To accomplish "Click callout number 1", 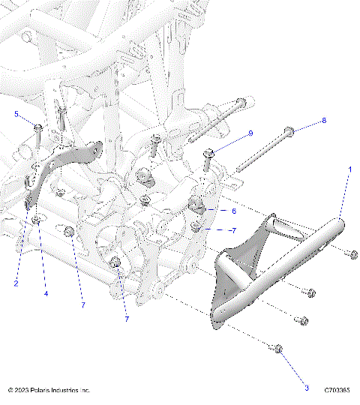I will tap(349, 171).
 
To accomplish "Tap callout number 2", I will tap(16, 283).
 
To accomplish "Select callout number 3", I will tap(306, 388).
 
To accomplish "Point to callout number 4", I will tap(46, 294).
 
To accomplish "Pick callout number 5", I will tap(16, 113).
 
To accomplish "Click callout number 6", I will tap(233, 211).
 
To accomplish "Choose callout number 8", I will tap(324, 121).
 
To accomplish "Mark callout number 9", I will tap(250, 133).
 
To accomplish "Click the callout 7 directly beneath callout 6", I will tap(233, 230).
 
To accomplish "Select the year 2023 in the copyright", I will tap(22, 391).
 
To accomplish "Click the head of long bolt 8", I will tap(288, 133).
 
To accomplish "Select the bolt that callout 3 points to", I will tap(277, 349).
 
